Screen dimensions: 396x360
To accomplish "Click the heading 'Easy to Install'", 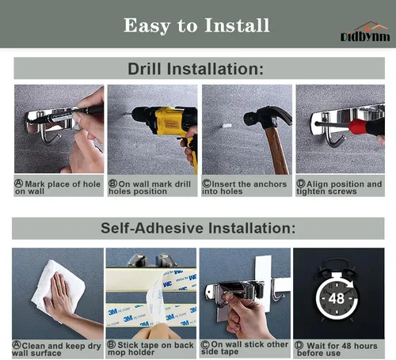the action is click(x=196, y=25).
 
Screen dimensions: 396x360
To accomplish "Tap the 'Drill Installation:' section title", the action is click(x=196, y=69).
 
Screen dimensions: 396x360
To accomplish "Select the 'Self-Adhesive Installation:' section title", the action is click(x=198, y=228).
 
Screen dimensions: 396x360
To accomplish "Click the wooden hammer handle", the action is click(x=276, y=150).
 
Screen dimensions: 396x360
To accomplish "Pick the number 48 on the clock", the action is click(x=337, y=298).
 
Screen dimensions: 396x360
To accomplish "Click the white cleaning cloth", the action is click(x=58, y=286).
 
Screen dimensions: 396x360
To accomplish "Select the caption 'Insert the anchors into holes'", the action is click(x=244, y=188).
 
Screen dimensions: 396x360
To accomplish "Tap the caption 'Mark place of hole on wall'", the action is click(x=58, y=188).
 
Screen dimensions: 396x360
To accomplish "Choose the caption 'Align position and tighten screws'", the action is click(x=339, y=188).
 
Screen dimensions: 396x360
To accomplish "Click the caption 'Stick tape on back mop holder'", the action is click(x=150, y=348).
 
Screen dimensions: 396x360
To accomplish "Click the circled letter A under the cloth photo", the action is click(x=17, y=345).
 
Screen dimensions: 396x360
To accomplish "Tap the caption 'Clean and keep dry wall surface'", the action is click(x=56, y=349).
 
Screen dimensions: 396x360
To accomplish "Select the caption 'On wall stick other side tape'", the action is click(x=245, y=348).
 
